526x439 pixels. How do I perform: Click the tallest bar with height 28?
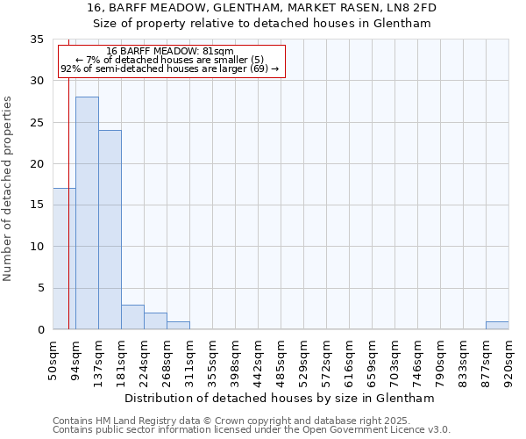tap(87, 213)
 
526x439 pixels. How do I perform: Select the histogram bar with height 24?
tap(110, 230)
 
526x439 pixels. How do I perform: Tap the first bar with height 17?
tap(64, 259)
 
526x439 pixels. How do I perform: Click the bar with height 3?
tap(132, 317)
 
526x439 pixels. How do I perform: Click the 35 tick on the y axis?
tap(37, 40)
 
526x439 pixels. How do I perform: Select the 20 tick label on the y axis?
tap(37, 164)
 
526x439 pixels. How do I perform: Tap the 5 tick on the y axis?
tap(40, 289)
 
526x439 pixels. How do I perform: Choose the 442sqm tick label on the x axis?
tap(259, 359)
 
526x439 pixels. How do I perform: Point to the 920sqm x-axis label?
tap(509, 359)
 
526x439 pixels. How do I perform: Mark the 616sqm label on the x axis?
tap(350, 359)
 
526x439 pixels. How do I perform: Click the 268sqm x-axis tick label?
tap(167, 359)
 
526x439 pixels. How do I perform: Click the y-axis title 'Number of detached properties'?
tap(8, 189)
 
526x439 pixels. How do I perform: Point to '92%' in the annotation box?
tap(70, 68)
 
